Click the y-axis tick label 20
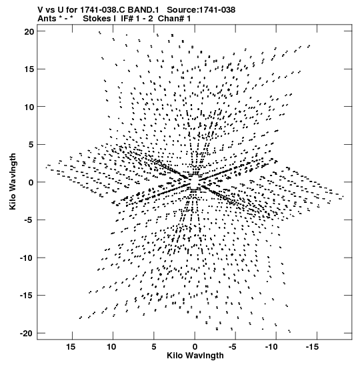(29, 31)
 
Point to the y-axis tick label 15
(29, 69)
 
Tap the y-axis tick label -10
(27, 258)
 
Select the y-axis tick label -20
(27, 334)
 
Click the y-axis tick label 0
(31, 182)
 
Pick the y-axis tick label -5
(29, 220)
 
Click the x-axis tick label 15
(71, 347)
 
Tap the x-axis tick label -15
(312, 347)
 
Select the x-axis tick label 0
(195, 347)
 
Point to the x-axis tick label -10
(271, 347)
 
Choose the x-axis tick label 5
(154, 347)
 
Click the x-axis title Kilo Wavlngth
(195, 356)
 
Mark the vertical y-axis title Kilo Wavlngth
(13, 181)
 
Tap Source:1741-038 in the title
(201, 10)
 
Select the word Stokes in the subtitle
(97, 19)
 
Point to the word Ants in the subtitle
(47, 19)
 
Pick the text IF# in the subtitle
(127, 19)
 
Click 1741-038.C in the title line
(103, 10)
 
